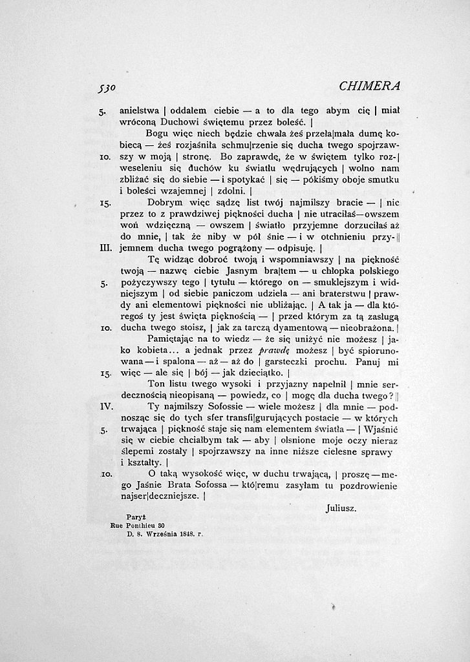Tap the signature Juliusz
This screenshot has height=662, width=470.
(341, 508)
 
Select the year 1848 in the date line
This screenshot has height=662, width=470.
(187, 534)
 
